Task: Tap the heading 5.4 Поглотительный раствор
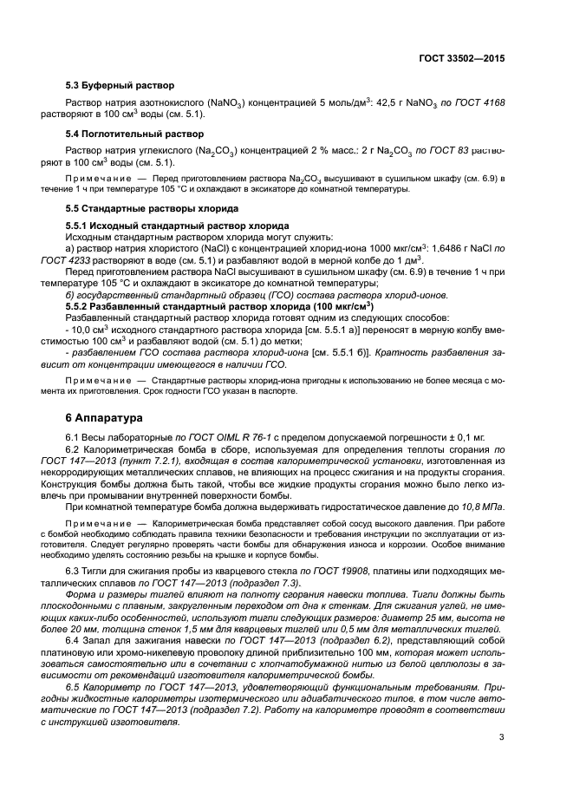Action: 134,134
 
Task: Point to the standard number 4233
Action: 88,258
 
